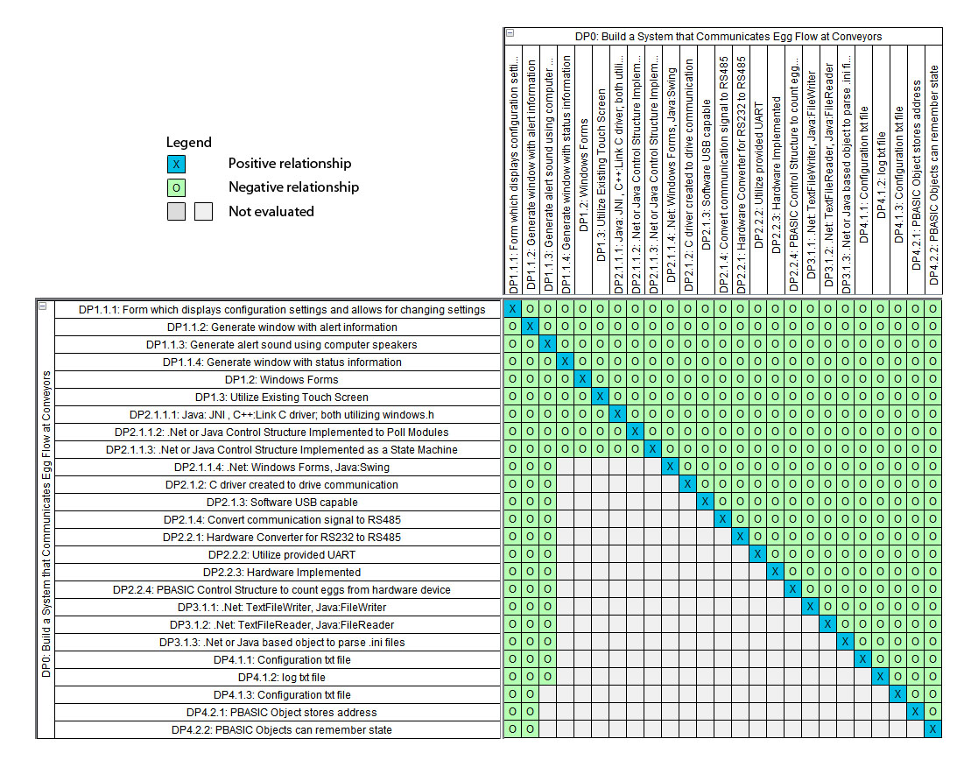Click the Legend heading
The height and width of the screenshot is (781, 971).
pos(189,142)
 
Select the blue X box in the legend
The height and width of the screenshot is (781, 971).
pos(176,164)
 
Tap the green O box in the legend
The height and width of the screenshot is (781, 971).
pos(176,187)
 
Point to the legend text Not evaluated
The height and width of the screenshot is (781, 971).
pos(271,211)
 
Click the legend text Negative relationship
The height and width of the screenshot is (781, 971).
pos(293,187)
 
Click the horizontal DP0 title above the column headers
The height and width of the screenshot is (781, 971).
pos(728,37)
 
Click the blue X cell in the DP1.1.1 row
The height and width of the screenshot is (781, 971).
pos(512,309)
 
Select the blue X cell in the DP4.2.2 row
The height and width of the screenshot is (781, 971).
pos(932,729)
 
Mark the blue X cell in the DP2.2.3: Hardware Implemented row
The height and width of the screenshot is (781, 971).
pos(775,572)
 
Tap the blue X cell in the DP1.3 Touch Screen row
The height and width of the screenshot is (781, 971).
pos(600,397)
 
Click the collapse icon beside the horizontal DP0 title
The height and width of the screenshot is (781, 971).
pos(510,34)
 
